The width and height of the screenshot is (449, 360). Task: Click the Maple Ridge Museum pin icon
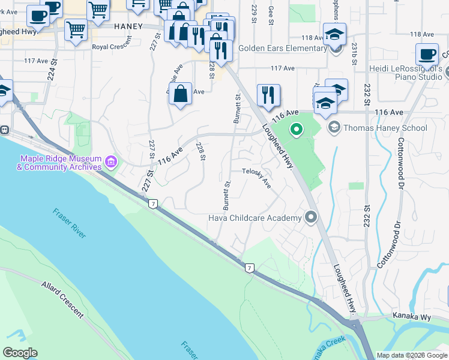[110, 161]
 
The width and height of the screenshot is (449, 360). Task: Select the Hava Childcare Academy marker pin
[310, 217]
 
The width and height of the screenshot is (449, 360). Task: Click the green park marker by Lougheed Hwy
[296, 129]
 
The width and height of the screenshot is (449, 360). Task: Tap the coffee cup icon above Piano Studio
[427, 55]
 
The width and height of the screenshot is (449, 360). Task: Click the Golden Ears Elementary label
[282, 48]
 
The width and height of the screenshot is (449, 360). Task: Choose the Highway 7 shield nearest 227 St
[154, 204]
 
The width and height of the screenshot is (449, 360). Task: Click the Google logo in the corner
[20, 352]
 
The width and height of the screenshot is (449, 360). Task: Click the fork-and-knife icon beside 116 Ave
[268, 94]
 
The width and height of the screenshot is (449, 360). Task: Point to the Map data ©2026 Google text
[412, 355]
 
